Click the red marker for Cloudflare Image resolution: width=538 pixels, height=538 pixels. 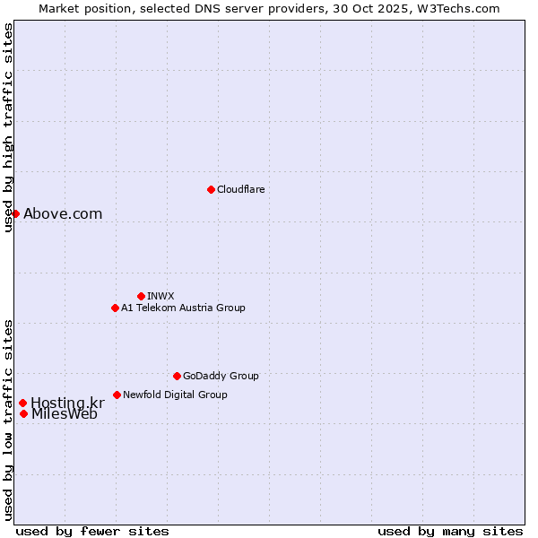(x=211, y=189)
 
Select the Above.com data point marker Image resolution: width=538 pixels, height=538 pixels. (x=15, y=213)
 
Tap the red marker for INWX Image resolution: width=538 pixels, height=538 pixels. (x=141, y=296)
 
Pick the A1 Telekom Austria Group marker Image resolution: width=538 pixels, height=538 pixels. (x=115, y=308)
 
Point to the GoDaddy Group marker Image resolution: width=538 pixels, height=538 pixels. (x=177, y=376)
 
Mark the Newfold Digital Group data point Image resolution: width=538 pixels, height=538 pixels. (x=117, y=395)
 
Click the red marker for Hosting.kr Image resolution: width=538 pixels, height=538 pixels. (x=22, y=403)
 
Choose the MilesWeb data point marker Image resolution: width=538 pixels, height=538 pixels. (x=23, y=413)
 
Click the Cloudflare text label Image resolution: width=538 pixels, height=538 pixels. (x=241, y=189)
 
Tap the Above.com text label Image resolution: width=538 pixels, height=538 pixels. (x=63, y=213)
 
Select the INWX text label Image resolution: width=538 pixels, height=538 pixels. (x=161, y=296)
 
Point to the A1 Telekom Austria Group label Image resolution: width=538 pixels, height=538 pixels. (x=183, y=308)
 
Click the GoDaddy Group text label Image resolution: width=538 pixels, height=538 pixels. (x=221, y=376)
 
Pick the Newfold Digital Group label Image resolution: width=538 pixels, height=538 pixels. (x=175, y=395)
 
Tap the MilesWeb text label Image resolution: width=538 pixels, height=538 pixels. (x=65, y=414)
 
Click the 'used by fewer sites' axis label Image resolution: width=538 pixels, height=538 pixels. (x=92, y=531)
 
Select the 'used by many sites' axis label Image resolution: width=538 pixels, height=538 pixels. (x=450, y=531)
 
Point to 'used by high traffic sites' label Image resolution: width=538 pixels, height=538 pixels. (x=8, y=128)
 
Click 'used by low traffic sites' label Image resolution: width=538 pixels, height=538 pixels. (x=8, y=419)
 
